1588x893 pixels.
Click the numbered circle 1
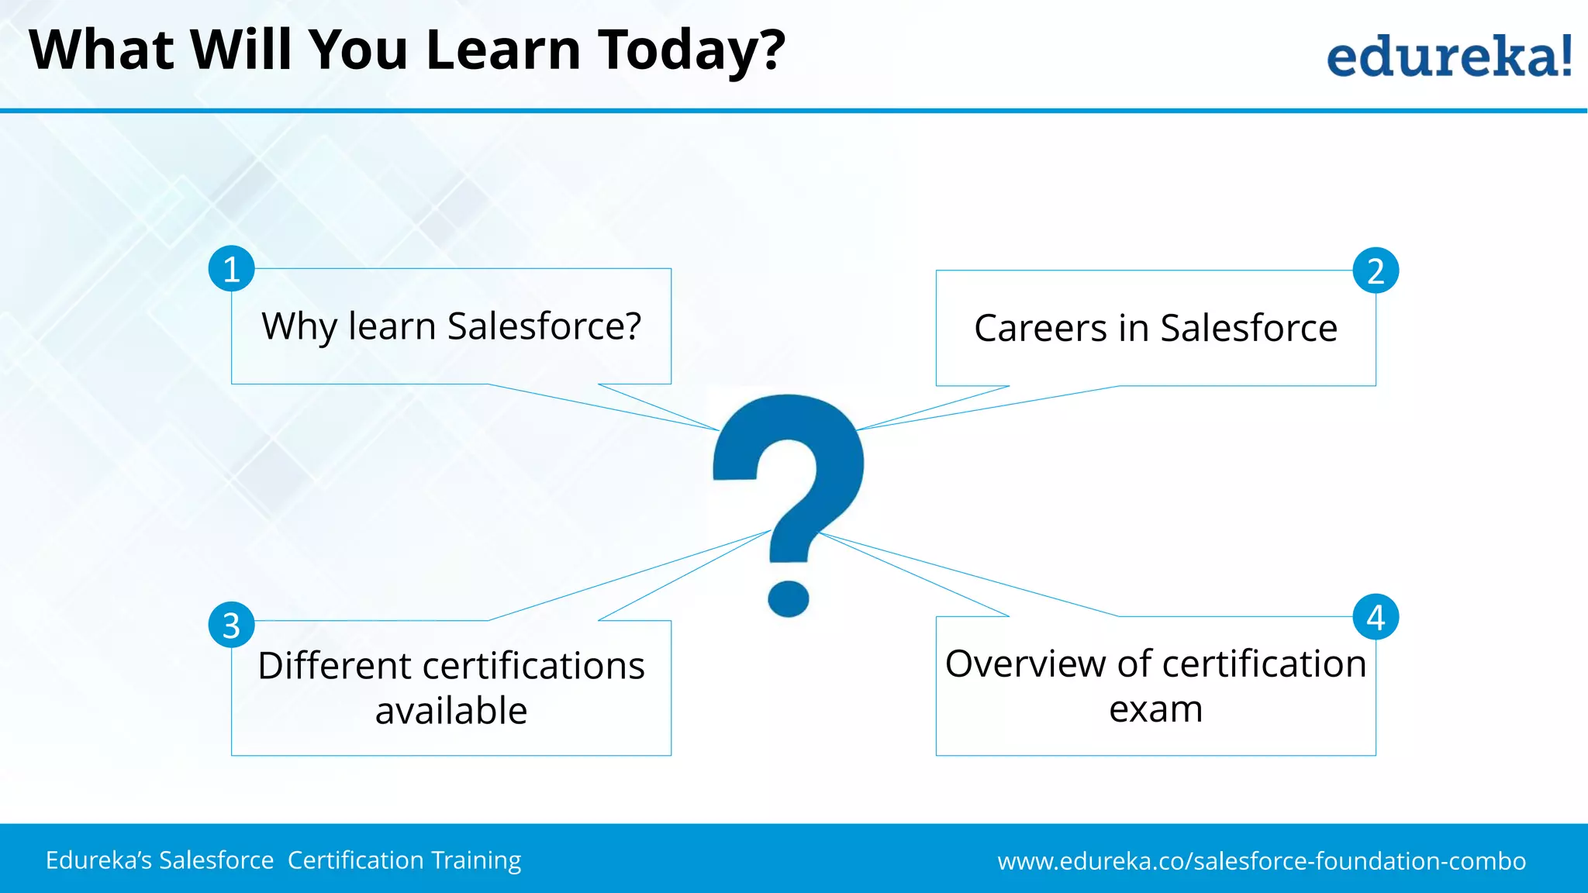tap(231, 269)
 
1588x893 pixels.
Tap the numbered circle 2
tap(1376, 271)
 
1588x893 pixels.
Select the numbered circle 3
tap(231, 625)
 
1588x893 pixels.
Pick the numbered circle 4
tap(1376, 617)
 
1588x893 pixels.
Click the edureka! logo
tap(1448, 56)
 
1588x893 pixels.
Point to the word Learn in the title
tap(503, 51)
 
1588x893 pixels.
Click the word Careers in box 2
tap(1041, 328)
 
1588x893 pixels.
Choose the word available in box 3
tap(451, 711)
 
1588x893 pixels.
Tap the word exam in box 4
tap(1155, 709)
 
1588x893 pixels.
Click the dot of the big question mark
tap(789, 598)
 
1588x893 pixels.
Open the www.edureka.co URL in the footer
tap(1262, 861)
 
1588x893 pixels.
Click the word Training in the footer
tap(476, 860)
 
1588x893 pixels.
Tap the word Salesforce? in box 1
tap(544, 326)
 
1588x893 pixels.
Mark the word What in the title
tap(102, 51)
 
